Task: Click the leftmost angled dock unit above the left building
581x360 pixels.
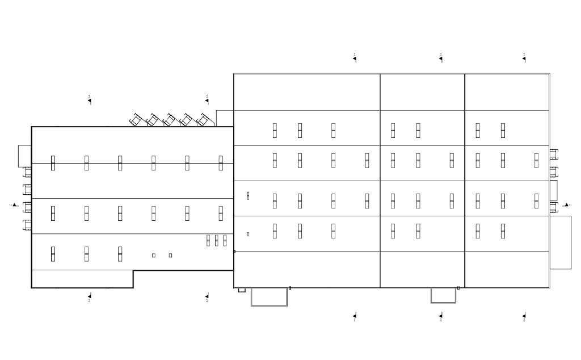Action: pyautogui.click(x=136, y=120)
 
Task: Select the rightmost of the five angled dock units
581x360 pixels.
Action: pyautogui.click(x=204, y=120)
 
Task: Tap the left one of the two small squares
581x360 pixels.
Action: pyautogui.click(x=154, y=256)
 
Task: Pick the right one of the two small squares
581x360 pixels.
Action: pyautogui.click(x=170, y=256)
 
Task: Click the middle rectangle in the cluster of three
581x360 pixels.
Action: pyautogui.click(x=216, y=240)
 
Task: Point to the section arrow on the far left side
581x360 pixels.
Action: pyautogui.click(x=14, y=205)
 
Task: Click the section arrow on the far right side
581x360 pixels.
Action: pyautogui.click(x=566, y=205)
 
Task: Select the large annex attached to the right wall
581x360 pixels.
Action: pyautogui.click(x=561, y=242)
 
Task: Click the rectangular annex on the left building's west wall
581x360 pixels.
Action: pyautogui.click(x=24, y=156)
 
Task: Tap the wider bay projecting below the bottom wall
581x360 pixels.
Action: pyautogui.click(x=269, y=296)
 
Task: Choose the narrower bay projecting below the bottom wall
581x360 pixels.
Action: pyautogui.click(x=443, y=295)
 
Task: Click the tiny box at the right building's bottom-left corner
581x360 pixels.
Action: pyautogui.click(x=242, y=290)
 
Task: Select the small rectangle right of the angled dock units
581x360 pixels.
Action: pyautogui.click(x=225, y=118)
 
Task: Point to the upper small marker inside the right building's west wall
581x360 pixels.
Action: pyautogui.click(x=248, y=195)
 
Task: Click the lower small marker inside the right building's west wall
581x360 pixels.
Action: pyautogui.click(x=248, y=234)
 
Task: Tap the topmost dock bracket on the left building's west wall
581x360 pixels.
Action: pyautogui.click(x=27, y=172)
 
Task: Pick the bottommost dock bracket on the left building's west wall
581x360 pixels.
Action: pyautogui.click(x=27, y=225)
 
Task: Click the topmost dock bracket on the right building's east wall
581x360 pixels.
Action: pyautogui.click(x=554, y=154)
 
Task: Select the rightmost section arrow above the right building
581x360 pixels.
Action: pyautogui.click(x=524, y=58)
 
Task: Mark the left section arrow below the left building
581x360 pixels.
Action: pyautogui.click(x=90, y=296)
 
